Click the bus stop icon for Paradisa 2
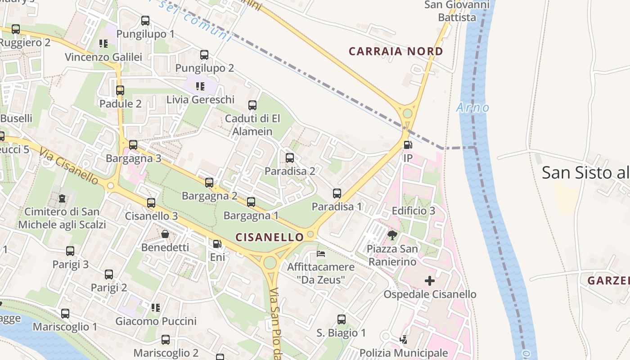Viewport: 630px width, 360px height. click(x=290, y=158)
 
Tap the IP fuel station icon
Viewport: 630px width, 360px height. click(x=408, y=145)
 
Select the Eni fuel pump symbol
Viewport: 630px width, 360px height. click(x=217, y=244)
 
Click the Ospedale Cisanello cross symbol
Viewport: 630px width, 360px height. click(x=430, y=281)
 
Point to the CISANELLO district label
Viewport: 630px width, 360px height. click(x=270, y=237)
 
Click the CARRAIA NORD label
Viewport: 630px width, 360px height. click(x=396, y=51)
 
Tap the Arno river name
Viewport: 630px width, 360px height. click(x=472, y=108)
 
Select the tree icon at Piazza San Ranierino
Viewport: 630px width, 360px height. click(x=392, y=235)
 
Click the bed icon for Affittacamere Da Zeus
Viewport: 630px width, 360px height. click(x=321, y=254)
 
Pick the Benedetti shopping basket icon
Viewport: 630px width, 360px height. click(x=165, y=234)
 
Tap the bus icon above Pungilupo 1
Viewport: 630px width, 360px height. click(x=145, y=20)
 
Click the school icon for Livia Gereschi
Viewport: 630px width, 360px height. click(x=200, y=86)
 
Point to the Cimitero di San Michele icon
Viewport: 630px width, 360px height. click(x=62, y=198)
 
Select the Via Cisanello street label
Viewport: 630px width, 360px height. click(x=68, y=165)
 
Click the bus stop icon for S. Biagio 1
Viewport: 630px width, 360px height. click(x=342, y=319)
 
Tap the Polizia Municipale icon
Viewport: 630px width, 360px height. click(x=404, y=340)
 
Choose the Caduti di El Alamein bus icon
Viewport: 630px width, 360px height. click(x=252, y=105)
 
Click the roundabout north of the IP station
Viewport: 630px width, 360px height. click(x=408, y=113)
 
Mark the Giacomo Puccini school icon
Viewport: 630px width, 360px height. click(x=156, y=308)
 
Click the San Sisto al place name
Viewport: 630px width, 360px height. click(x=585, y=172)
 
